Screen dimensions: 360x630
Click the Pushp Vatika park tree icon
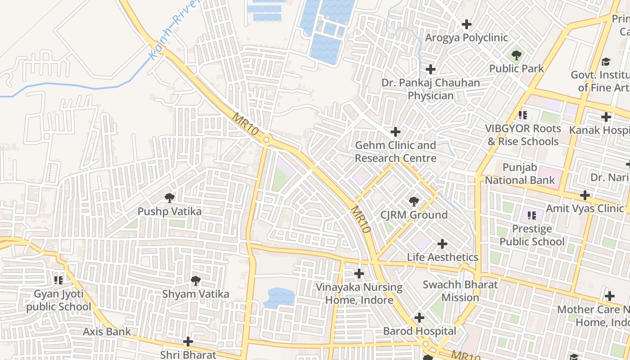click(x=169, y=198)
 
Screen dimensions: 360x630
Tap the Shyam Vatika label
click(x=195, y=294)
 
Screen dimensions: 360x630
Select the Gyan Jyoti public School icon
click(x=58, y=280)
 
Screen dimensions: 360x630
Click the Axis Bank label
click(x=107, y=332)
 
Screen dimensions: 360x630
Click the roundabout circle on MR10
click(x=266, y=140)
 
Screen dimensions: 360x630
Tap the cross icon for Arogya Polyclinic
click(x=467, y=24)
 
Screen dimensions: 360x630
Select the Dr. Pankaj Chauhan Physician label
click(x=431, y=89)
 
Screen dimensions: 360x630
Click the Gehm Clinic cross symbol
click(x=396, y=132)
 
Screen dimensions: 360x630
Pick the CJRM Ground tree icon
click(x=414, y=201)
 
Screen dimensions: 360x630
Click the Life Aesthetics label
click(x=442, y=257)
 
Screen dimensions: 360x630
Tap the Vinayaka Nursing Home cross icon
click(x=359, y=274)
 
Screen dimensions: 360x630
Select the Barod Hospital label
click(x=419, y=331)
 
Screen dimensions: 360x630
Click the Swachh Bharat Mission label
click(x=460, y=291)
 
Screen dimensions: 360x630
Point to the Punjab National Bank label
click(x=520, y=174)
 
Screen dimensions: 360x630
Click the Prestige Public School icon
click(x=531, y=216)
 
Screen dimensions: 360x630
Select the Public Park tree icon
click(x=516, y=55)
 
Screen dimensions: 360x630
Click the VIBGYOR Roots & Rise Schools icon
click(x=522, y=115)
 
